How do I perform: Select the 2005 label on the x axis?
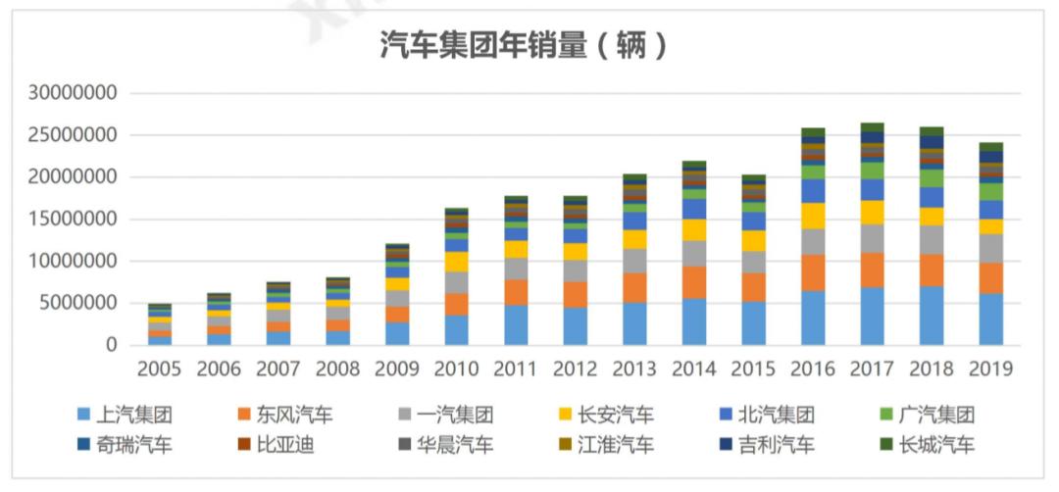pos(160,369)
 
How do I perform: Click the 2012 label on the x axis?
pos(576,369)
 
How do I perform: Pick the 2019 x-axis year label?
pos(990,369)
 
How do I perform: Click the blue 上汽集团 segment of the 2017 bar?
pos(872,316)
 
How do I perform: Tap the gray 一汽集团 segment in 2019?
pos(990,248)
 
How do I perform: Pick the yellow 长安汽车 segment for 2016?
pos(813,216)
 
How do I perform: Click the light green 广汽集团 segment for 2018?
pos(932,177)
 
